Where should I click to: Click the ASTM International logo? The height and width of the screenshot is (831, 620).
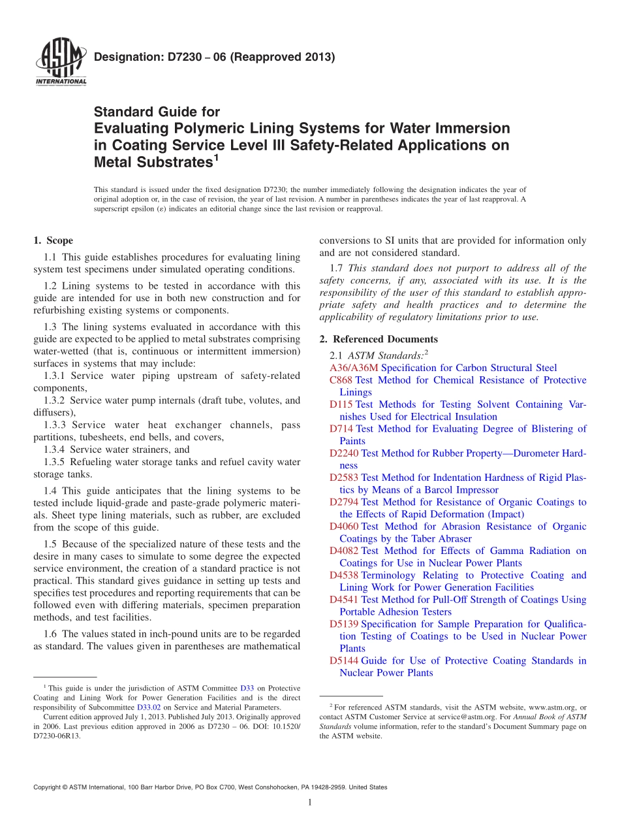pos(61,62)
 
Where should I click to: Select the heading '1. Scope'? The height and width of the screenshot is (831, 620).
pos(53,240)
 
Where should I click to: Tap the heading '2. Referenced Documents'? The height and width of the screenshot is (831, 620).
pos(379,339)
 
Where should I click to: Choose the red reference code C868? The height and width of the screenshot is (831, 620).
pos(341,380)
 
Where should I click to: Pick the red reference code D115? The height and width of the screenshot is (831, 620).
pos(341,404)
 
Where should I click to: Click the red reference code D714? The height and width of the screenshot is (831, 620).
pos(341,429)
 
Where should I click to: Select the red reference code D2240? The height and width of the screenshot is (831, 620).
pos(344,453)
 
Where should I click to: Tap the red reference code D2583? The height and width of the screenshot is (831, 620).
pos(344,478)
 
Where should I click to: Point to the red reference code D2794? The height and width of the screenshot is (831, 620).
pos(344,502)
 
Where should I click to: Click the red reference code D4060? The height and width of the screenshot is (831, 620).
pos(344,527)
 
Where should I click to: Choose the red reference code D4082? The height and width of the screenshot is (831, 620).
pos(344,551)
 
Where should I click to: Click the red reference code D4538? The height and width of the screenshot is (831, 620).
pos(344,575)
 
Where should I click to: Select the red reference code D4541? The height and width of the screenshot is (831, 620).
pos(344,600)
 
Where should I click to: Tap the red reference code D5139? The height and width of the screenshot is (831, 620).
pos(344,624)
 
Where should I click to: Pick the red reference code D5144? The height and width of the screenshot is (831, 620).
pos(344,660)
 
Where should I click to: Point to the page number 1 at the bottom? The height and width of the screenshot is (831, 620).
pos(309,802)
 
